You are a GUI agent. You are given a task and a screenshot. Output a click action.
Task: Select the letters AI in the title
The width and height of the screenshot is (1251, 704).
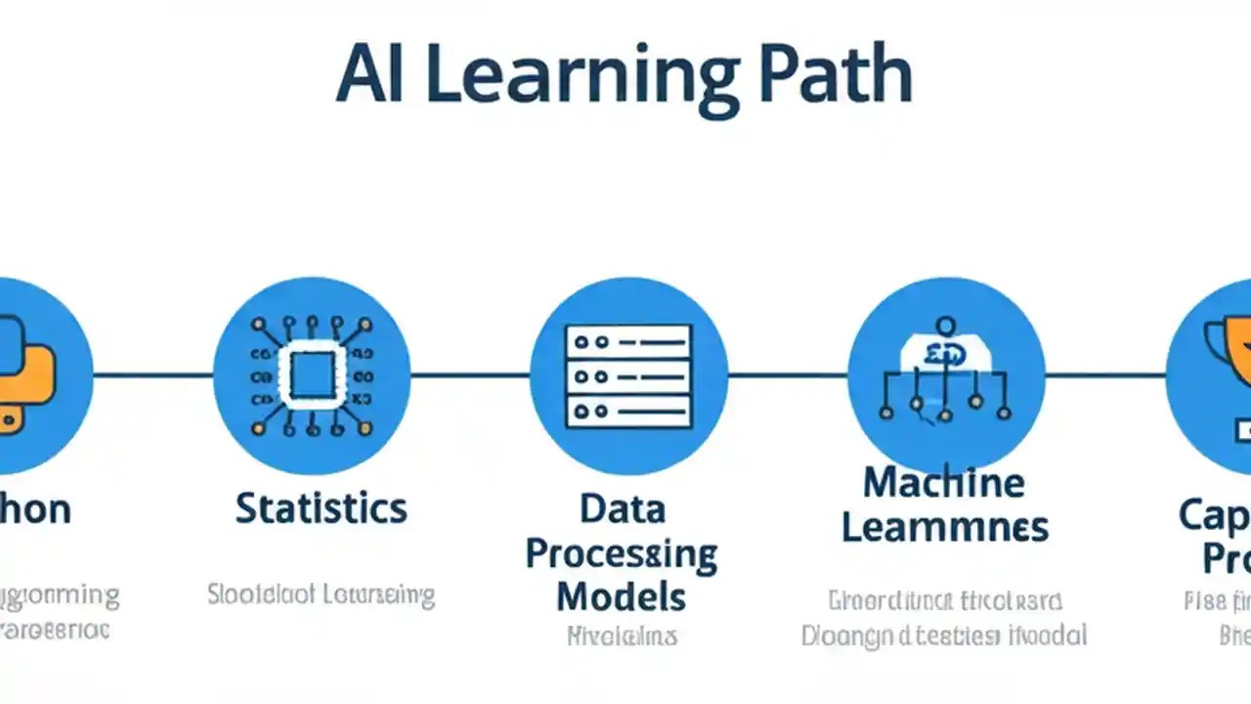click(369, 76)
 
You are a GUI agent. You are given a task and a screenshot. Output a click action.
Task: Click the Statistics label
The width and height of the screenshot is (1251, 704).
click(321, 508)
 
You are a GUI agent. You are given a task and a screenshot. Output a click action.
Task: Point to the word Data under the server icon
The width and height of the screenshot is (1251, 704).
click(623, 508)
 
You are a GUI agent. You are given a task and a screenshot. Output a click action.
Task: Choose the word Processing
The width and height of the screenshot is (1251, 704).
click(622, 554)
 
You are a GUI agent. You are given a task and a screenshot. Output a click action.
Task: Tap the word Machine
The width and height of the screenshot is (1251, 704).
click(943, 482)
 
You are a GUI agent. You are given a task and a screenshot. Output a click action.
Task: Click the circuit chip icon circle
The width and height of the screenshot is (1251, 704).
click(312, 375)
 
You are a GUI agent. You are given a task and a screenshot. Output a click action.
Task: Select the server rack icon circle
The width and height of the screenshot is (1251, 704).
click(628, 375)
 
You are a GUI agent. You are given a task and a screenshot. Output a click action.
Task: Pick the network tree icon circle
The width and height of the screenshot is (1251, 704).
click(945, 375)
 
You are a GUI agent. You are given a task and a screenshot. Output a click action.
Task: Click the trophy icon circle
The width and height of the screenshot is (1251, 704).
click(1217, 375)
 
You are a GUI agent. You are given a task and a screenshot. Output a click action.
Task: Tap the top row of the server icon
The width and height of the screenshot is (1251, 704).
click(628, 341)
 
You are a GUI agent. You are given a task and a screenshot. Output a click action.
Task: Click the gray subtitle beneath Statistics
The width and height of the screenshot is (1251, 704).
click(321, 594)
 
